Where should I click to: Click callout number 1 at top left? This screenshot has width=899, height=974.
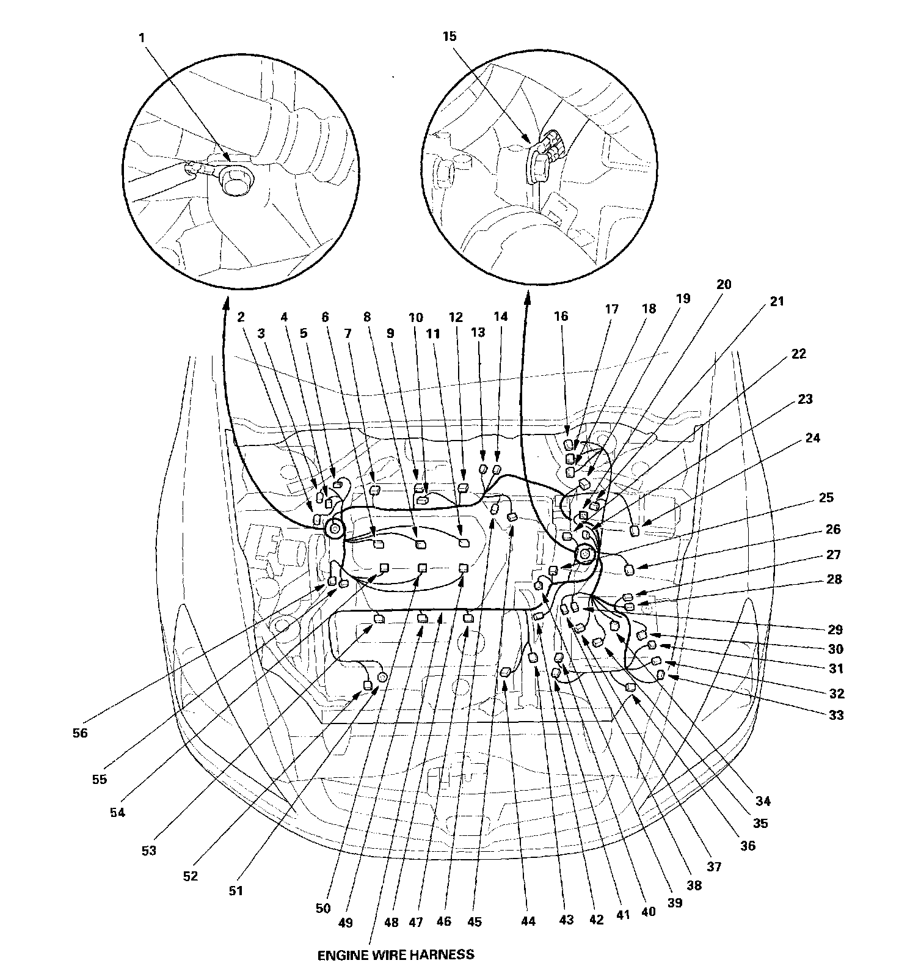142,38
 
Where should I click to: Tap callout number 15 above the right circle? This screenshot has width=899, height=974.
449,37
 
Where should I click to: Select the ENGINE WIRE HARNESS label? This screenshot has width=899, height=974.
396,954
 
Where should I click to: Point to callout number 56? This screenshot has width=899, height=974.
80,733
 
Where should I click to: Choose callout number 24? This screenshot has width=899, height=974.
813,438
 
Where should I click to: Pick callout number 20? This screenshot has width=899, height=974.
724,284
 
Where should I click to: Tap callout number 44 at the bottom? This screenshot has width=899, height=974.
528,921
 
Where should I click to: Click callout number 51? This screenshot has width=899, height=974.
236,890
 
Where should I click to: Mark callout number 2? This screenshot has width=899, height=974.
241,317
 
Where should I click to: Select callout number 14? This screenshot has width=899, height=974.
501,317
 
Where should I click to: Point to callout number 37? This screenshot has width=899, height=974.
714,866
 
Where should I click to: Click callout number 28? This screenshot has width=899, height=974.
834,579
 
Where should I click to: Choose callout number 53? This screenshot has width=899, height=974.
149,850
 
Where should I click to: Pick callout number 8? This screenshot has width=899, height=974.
367,317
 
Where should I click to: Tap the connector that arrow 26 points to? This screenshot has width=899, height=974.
630,571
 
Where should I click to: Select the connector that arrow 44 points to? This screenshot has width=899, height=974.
506,673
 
